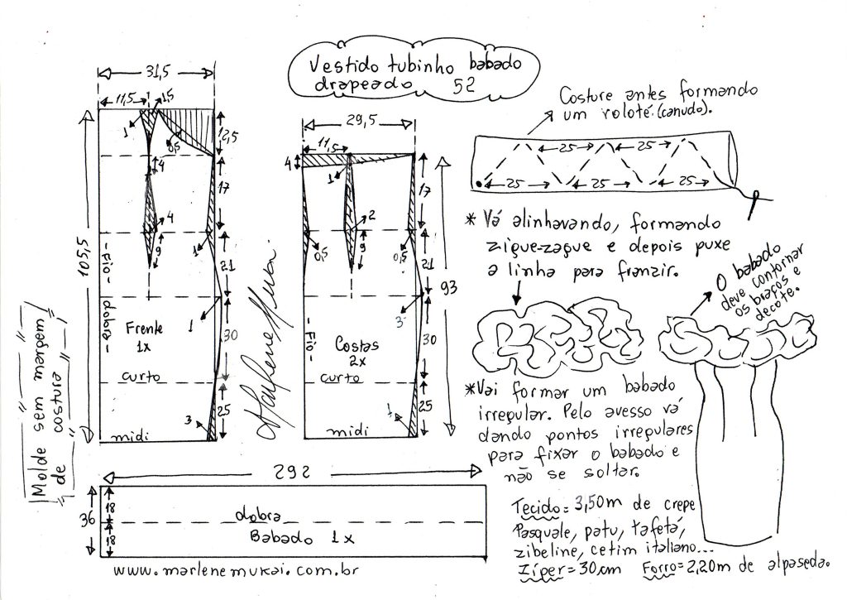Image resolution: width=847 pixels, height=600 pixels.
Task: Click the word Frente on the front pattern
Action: click(x=145, y=327)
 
